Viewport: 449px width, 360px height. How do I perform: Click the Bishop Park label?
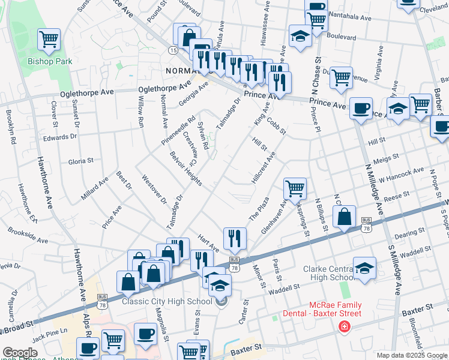50,61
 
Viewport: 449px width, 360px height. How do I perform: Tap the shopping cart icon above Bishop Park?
49,40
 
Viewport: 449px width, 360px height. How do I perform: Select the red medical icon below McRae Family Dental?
344,326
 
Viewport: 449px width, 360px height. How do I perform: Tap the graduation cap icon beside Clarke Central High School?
364,269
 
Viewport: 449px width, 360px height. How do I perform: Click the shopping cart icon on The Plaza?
295,188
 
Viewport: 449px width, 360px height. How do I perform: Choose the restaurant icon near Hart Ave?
235,238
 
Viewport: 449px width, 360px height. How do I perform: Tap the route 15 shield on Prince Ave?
173,50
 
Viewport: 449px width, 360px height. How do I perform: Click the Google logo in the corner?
20,353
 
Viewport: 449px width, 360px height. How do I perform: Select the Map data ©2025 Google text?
411,355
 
